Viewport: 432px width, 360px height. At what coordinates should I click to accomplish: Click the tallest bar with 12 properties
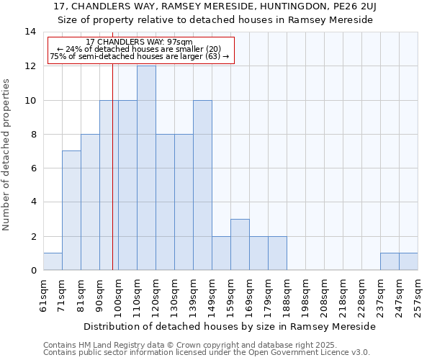pos(146,168)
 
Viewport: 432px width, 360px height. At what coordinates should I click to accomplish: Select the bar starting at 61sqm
pos(53,261)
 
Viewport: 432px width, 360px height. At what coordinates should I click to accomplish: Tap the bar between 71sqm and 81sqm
pos(71,210)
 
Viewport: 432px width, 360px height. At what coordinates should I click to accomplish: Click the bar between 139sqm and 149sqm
pos(202,185)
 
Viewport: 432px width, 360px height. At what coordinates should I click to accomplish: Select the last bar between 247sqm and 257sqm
pos(408,261)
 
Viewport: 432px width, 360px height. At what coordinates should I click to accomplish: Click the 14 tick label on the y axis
pos(30,32)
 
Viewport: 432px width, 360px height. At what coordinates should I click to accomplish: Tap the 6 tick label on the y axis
pos(32,168)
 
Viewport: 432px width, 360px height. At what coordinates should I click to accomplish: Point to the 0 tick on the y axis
pos(32,271)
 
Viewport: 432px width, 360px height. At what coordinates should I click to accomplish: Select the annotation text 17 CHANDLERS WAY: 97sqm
pos(139,42)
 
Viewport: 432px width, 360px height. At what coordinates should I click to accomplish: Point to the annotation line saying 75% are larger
pos(139,56)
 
